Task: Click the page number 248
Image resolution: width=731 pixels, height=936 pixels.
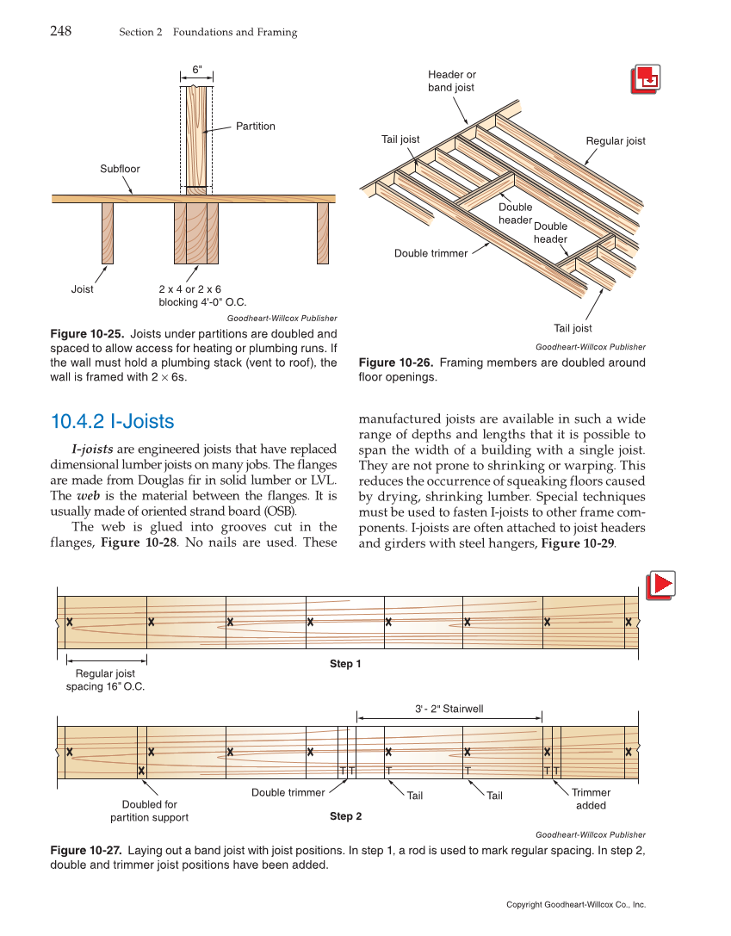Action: [x=60, y=32]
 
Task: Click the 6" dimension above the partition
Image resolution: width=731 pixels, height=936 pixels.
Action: [x=196, y=68]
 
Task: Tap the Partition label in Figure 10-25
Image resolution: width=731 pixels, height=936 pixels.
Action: [x=256, y=127]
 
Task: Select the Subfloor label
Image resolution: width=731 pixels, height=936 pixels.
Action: [x=120, y=169]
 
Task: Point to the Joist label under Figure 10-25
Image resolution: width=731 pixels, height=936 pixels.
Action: [x=83, y=289]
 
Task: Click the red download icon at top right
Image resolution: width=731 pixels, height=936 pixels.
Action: [x=645, y=79]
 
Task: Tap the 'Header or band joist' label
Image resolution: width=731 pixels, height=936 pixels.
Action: [x=451, y=81]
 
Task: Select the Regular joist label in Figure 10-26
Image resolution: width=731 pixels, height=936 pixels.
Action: [x=615, y=141]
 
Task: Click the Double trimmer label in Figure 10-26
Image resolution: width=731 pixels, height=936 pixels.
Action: [x=431, y=253]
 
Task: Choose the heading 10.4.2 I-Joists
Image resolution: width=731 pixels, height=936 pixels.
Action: [x=113, y=422]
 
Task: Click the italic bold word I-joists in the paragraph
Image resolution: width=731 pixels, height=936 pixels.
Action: [x=92, y=449]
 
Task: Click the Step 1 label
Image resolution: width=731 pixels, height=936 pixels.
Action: [x=345, y=664]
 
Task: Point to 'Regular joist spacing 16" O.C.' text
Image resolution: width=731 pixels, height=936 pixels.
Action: [x=105, y=680]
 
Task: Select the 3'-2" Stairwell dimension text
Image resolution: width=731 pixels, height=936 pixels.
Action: [x=449, y=709]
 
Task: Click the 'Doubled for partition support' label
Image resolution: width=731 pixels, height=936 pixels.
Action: [x=149, y=811]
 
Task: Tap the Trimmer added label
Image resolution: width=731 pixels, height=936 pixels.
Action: [x=591, y=799]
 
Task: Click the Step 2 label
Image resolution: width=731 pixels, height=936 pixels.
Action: [x=345, y=815]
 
